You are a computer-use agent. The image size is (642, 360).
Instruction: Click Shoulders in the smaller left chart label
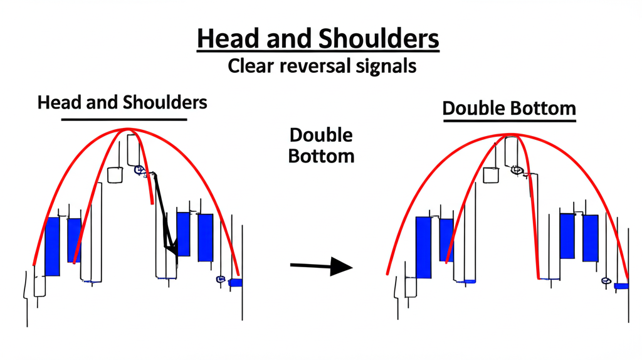[167, 102]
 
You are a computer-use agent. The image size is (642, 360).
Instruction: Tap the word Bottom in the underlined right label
[545, 109]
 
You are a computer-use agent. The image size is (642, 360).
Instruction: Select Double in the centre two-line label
[321, 135]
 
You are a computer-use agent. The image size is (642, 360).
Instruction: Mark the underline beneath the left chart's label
[124, 119]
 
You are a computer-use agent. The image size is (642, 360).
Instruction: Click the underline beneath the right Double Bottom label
[508, 121]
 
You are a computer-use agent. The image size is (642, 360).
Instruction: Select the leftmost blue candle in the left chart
[52, 246]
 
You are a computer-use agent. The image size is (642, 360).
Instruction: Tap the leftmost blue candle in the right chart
[424, 247]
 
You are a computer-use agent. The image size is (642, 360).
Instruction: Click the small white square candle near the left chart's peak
[114, 175]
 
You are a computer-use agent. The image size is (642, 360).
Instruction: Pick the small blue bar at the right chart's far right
[621, 286]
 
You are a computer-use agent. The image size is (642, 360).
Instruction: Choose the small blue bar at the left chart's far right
[236, 283]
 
